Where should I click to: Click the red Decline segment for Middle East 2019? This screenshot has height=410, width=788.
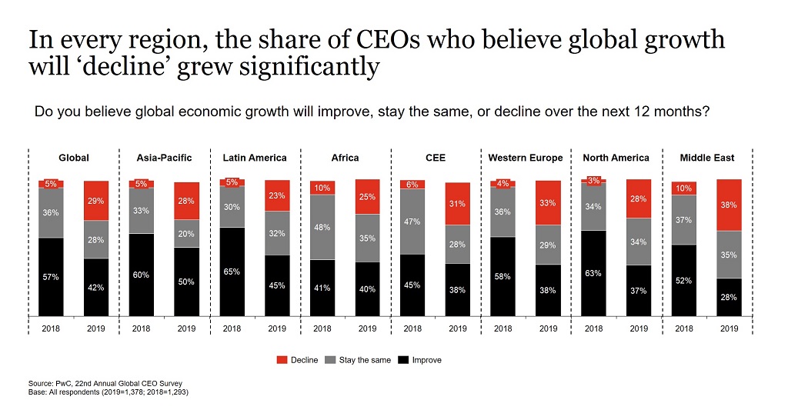click(729, 205)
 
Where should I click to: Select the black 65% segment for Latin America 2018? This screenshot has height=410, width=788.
click(232, 271)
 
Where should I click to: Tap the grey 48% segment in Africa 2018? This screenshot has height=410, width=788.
click(322, 227)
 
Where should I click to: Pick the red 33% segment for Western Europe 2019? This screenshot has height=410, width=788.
click(548, 203)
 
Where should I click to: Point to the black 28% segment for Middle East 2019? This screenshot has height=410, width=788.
click(729, 296)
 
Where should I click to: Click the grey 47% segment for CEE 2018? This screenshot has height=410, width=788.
click(412, 222)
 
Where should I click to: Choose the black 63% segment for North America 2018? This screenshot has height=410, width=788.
click(593, 272)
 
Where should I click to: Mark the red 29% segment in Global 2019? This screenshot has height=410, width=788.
click(96, 201)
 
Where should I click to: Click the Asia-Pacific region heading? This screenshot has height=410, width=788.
click(164, 158)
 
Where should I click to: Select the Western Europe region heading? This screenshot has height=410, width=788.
click(525, 158)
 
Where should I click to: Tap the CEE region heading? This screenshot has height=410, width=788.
click(435, 158)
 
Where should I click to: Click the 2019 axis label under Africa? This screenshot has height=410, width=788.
click(367, 328)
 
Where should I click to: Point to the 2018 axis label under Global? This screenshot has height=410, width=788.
click(51, 328)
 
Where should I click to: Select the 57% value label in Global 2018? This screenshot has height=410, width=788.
click(51, 276)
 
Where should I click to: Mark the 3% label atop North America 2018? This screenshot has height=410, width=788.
click(593, 180)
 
